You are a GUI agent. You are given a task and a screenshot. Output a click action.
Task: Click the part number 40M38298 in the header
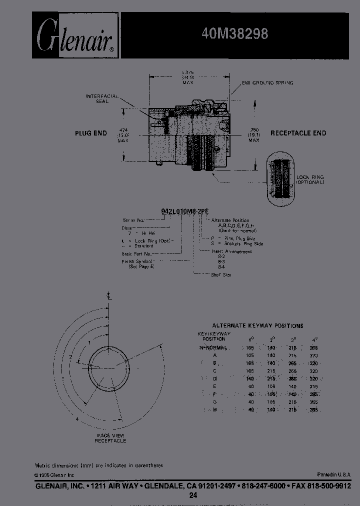pos(235,34)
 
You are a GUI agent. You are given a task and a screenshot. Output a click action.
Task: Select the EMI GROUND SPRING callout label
pos(268,82)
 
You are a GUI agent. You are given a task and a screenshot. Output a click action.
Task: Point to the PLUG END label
pos(91,133)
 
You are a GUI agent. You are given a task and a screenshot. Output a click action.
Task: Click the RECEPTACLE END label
pos(298,133)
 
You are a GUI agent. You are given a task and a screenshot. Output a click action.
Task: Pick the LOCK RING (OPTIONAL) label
pos(310,180)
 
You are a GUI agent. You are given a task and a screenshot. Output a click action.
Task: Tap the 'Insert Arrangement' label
pos(231,251)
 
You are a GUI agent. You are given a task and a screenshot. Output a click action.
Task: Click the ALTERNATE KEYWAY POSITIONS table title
pos(257,325)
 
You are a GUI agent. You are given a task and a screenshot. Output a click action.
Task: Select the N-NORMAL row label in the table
pos(213,347)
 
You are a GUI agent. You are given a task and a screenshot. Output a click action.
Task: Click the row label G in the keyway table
pos(214,401)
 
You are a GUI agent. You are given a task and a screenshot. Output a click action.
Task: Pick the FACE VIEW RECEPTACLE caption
pos(111,438)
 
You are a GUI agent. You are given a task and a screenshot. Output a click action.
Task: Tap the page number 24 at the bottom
pos(193,495)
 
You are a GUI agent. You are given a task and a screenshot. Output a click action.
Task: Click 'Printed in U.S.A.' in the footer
pos(333,474)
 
